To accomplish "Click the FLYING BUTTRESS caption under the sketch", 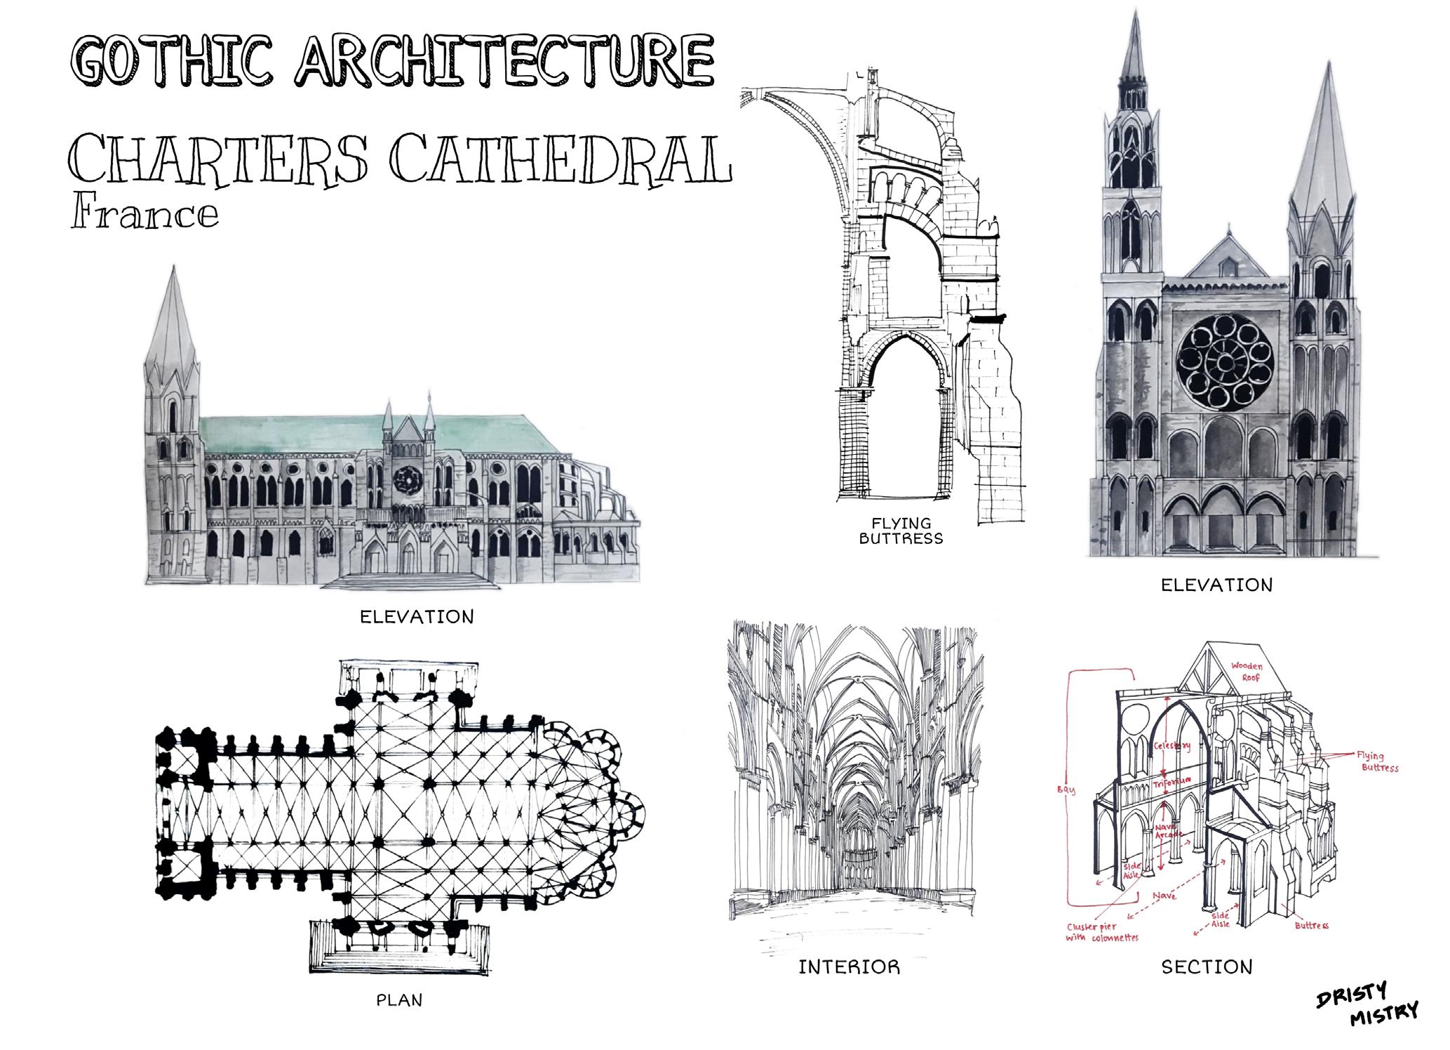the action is [x=901, y=531].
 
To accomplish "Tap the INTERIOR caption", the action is [x=849, y=967].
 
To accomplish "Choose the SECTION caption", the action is [x=1207, y=967].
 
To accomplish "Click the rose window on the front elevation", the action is [x=1225, y=362].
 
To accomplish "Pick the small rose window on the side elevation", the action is [x=405, y=480].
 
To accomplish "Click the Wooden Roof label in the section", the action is [x=1247, y=672].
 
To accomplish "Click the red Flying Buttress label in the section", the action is [x=1373, y=762].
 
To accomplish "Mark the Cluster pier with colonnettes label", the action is [x=1101, y=931].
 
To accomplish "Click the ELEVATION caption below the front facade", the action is [x=1216, y=585].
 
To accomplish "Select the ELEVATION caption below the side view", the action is [x=417, y=617].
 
